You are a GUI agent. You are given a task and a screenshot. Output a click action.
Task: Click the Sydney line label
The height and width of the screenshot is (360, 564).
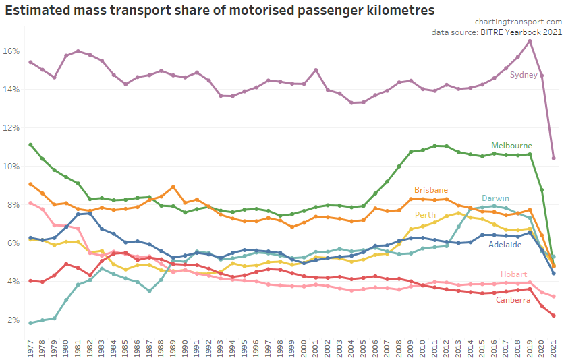[x=523, y=74]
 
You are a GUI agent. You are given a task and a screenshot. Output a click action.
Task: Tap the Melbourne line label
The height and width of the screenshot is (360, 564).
[x=512, y=146]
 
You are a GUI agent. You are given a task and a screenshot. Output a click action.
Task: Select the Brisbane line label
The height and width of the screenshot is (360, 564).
[x=431, y=190]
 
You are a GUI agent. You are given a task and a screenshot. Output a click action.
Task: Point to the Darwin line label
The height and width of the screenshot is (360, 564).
[x=495, y=198]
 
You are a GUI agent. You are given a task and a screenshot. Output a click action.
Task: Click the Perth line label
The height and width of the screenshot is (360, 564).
[x=425, y=215]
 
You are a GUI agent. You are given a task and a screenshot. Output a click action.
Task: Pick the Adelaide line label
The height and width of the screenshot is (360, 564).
[x=505, y=245]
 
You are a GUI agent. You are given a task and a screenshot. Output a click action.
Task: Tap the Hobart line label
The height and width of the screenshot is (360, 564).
[x=513, y=274]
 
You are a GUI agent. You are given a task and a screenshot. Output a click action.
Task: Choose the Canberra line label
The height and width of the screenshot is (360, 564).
[x=513, y=300]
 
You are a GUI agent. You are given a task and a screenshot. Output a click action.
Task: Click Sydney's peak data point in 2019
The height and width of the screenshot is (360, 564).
[x=530, y=41]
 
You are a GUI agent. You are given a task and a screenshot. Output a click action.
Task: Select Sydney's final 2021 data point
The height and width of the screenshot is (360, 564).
[x=553, y=158]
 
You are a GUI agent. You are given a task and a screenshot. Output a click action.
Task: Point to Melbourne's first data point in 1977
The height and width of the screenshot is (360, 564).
[x=31, y=144]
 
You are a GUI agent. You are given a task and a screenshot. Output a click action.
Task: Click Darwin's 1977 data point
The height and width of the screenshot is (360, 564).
[x=31, y=323]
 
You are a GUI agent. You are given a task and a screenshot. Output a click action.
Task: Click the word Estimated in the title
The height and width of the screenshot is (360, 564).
[x=38, y=10]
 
